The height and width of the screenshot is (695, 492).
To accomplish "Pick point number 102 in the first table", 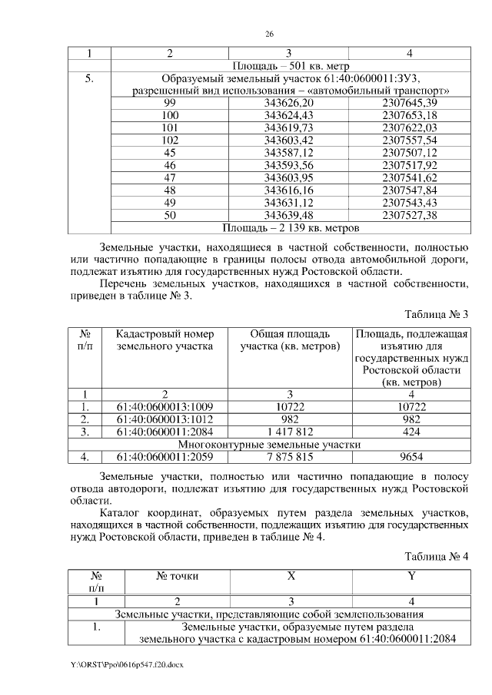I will [x=170, y=141].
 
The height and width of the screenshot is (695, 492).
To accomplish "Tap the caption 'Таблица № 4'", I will [x=436, y=556].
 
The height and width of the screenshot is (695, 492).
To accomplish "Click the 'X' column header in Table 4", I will [x=291, y=575].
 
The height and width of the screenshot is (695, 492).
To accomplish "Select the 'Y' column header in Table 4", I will [x=411, y=575].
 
